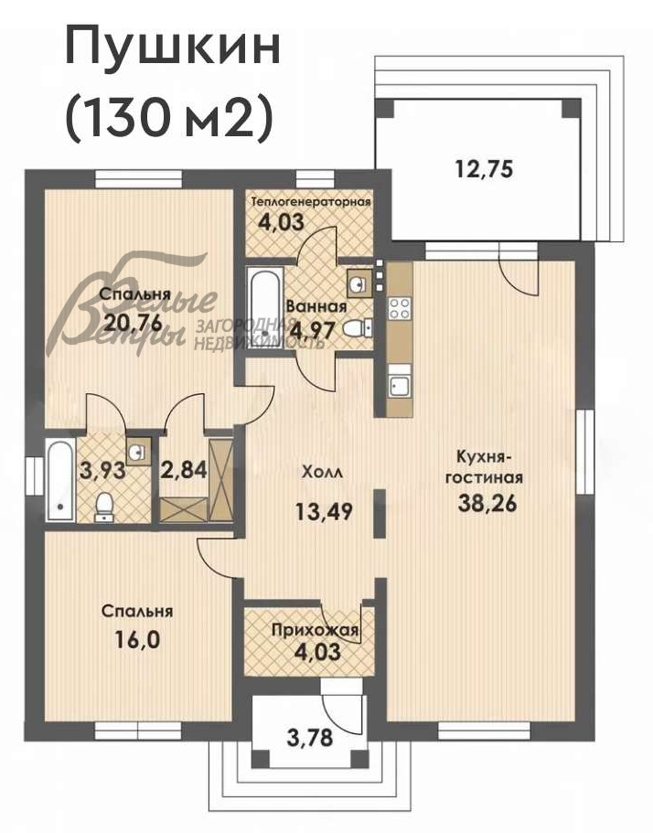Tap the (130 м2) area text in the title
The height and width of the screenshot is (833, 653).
pos(169,119)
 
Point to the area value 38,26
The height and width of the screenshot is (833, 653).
pos(485,504)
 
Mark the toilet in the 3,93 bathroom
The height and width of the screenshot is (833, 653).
pos(104,506)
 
